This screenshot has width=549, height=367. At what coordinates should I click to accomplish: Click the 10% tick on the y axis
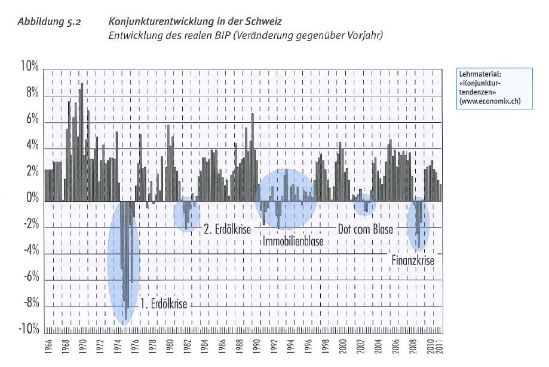click(x=29, y=66)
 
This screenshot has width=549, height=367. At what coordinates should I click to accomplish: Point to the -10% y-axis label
click(x=29, y=329)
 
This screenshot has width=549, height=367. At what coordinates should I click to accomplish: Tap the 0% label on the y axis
click(x=32, y=198)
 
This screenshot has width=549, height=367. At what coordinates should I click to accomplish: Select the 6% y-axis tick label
click(x=32, y=119)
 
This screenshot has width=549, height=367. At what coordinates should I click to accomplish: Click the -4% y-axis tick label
click(x=31, y=250)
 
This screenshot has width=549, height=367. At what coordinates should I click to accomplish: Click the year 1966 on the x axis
click(x=48, y=346)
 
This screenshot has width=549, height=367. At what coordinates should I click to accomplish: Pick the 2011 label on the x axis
click(x=440, y=346)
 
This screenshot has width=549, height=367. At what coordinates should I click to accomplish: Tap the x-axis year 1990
click(x=257, y=346)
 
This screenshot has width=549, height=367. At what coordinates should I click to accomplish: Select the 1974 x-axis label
click(x=118, y=346)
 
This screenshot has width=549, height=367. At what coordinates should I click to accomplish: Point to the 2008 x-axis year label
click(x=413, y=346)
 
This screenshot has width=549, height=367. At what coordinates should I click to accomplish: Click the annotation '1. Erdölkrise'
click(x=164, y=304)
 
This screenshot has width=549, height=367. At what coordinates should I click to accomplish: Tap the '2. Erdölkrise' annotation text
click(x=228, y=229)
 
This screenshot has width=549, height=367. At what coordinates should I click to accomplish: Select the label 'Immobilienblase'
click(x=293, y=241)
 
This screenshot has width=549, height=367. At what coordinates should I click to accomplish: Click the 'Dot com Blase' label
click(x=365, y=229)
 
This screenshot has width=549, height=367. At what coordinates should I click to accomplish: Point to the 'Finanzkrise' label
click(x=413, y=260)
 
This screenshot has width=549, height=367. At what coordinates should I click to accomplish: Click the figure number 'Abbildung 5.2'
click(x=49, y=22)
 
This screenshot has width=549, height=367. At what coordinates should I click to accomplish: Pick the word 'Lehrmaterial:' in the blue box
click(x=480, y=74)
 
